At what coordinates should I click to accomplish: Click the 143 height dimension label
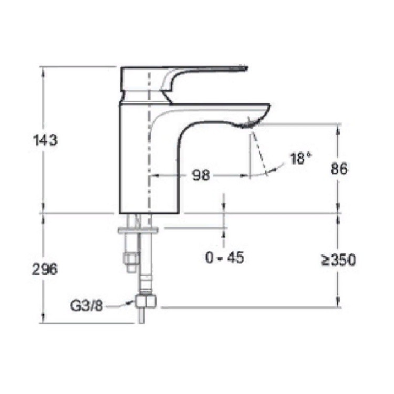coord(45,141)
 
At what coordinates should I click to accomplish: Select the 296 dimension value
coord(45,269)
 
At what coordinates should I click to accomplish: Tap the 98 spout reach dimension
coord(200,175)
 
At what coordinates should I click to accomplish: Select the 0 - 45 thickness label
coord(224,258)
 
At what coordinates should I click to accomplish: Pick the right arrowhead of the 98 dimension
coord(247,175)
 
